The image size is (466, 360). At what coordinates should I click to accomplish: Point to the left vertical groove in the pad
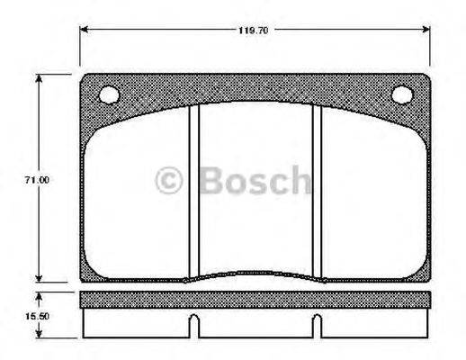[x=193, y=189]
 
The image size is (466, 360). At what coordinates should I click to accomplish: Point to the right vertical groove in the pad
[x=317, y=189]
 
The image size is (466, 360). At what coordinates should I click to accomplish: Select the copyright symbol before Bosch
[x=170, y=181]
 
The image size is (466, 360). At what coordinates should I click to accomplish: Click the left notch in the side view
[x=194, y=322]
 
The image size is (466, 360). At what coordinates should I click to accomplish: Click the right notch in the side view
[x=317, y=322]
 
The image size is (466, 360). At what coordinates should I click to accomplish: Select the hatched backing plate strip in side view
[x=255, y=298]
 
